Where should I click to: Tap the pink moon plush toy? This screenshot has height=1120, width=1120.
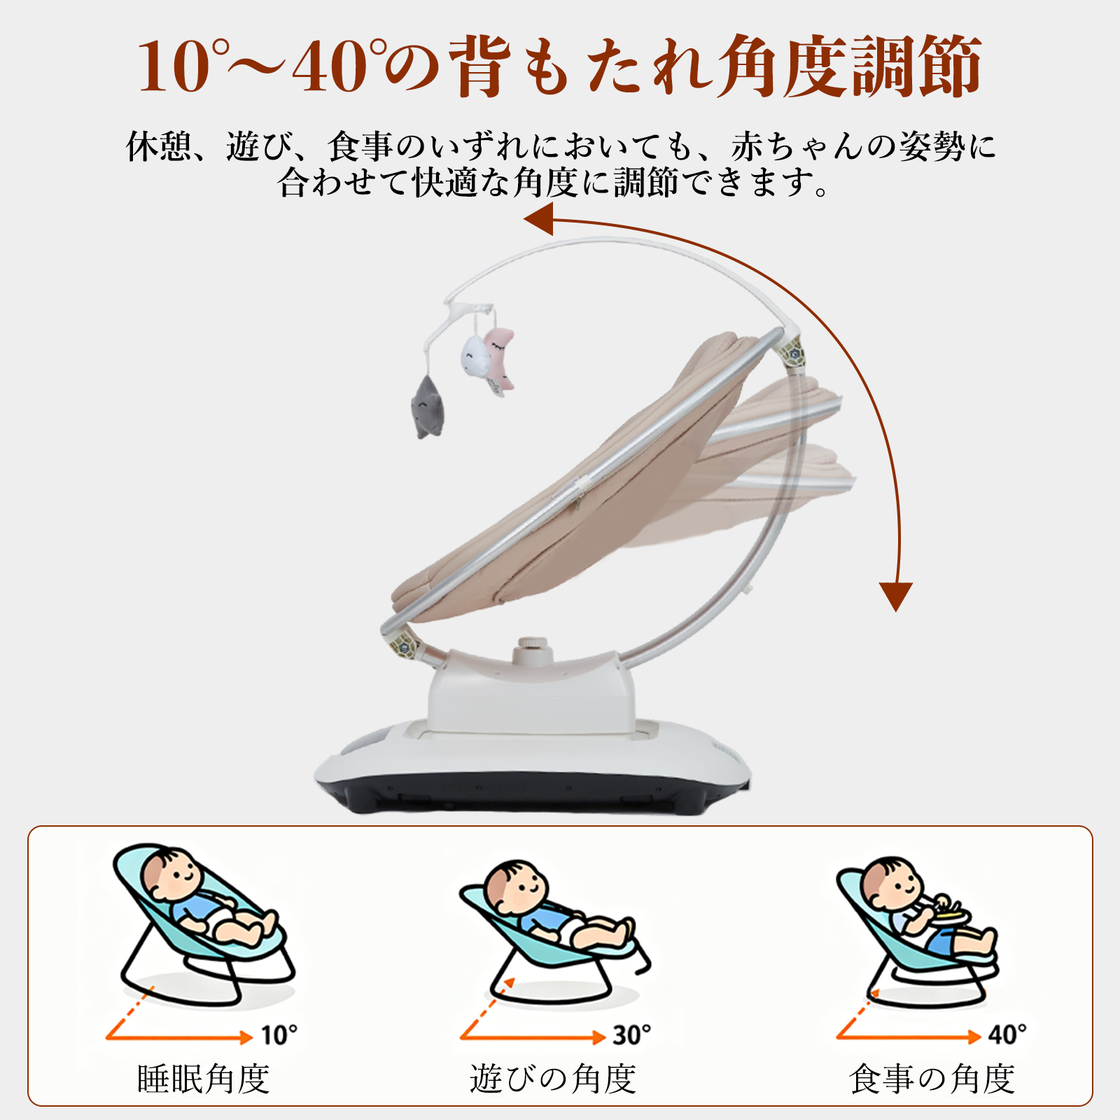pyautogui.click(x=500, y=358)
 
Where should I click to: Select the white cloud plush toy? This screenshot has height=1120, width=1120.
pyautogui.click(x=474, y=358)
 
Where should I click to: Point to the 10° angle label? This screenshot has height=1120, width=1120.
pyautogui.click(x=279, y=1035)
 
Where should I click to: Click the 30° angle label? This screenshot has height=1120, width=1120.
pyautogui.click(x=632, y=1035)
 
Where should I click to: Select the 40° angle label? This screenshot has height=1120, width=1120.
pyautogui.click(x=1007, y=1034)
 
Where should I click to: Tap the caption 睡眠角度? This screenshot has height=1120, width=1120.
pyautogui.click(x=203, y=1079)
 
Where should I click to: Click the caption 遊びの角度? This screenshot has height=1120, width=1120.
pyautogui.click(x=553, y=1079)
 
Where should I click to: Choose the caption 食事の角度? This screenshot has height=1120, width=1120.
pyautogui.click(x=932, y=1079)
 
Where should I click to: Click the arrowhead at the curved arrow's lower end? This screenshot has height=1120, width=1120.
pyautogui.click(x=896, y=596)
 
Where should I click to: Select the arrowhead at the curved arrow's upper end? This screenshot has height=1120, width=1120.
pyautogui.click(x=538, y=219)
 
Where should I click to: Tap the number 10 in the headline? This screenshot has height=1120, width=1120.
pyautogui.click(x=174, y=66)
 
